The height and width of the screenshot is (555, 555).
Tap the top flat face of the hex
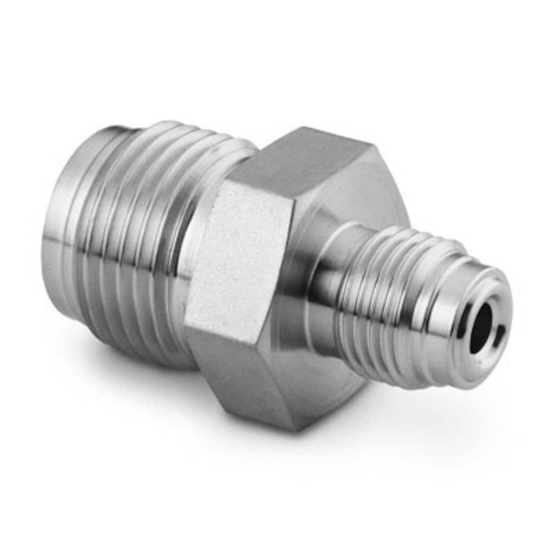[304, 157]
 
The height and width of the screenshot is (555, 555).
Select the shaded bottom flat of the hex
[244, 374]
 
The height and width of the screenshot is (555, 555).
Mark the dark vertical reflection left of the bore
[463, 325]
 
